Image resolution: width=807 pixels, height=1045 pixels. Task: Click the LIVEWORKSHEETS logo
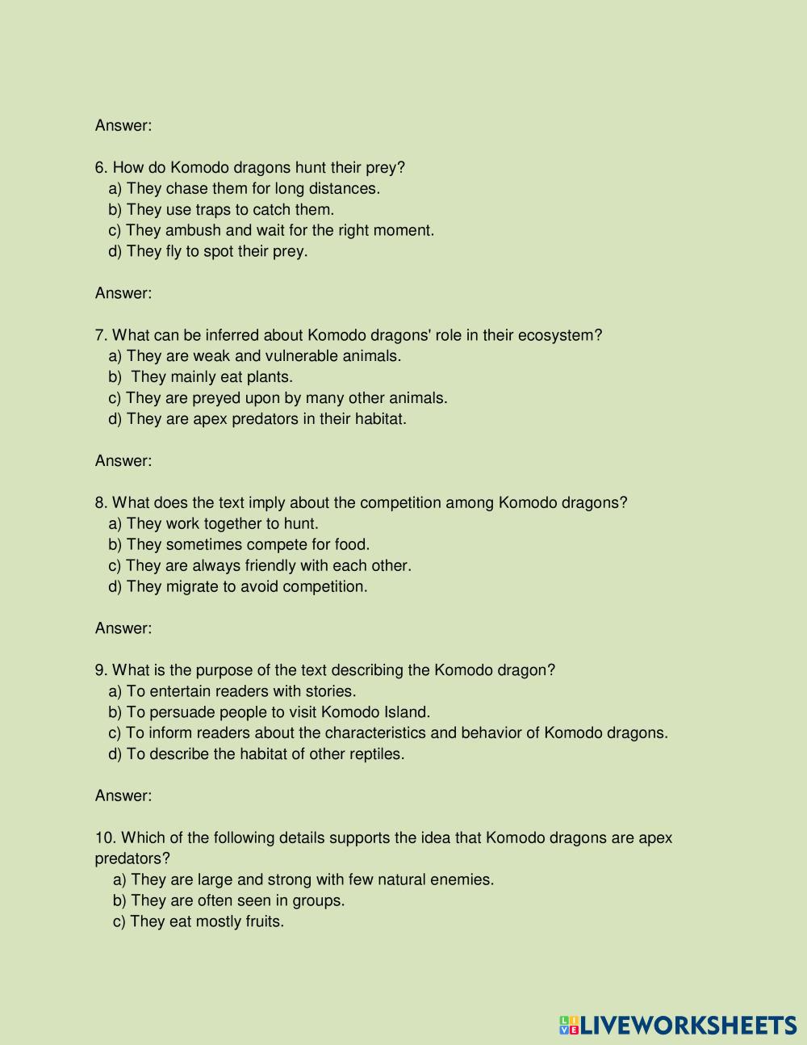click(x=677, y=1025)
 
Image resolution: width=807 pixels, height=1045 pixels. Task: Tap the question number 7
click(x=101, y=335)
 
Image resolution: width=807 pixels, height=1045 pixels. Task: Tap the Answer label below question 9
click(x=123, y=796)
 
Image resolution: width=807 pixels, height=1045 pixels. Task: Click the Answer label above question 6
click(x=123, y=126)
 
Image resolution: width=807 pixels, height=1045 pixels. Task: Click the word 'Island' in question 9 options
click(x=406, y=712)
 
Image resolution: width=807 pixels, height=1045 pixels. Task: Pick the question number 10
click(x=104, y=837)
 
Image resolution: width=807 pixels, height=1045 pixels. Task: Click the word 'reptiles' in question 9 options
click(x=375, y=754)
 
